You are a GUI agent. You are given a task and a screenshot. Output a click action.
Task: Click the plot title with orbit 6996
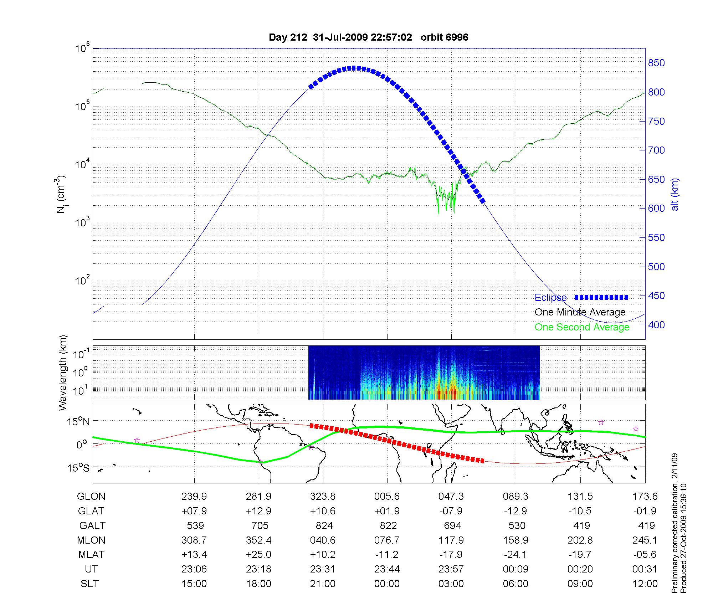pos(368,37)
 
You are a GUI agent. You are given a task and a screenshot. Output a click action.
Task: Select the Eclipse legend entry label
pos(550,298)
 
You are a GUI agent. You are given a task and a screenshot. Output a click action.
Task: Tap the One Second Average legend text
pos(582,327)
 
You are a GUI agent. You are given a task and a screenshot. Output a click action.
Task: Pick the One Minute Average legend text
pos(580,312)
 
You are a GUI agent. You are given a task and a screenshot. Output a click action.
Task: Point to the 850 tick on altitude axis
pos(656,63)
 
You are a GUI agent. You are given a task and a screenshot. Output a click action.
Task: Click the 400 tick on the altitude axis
pos(656,325)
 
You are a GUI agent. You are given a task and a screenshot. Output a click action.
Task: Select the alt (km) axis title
pos(675,195)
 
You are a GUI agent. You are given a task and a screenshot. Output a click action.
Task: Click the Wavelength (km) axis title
pos(63,373)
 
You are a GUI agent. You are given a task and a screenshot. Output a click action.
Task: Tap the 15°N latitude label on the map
pos(79,422)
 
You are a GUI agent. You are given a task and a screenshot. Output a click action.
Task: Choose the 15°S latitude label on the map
pos(79,468)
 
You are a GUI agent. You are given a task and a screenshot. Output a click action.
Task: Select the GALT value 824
pos(324,526)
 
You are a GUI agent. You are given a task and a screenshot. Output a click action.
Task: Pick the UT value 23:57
pos(451,569)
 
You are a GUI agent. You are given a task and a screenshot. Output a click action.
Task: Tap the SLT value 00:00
pos(387,584)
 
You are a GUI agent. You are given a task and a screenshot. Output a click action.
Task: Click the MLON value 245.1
pos(645,540)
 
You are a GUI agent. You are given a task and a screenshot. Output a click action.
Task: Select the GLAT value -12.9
pos(515,511)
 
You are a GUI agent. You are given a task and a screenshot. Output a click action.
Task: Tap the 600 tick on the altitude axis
pos(656,209)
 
